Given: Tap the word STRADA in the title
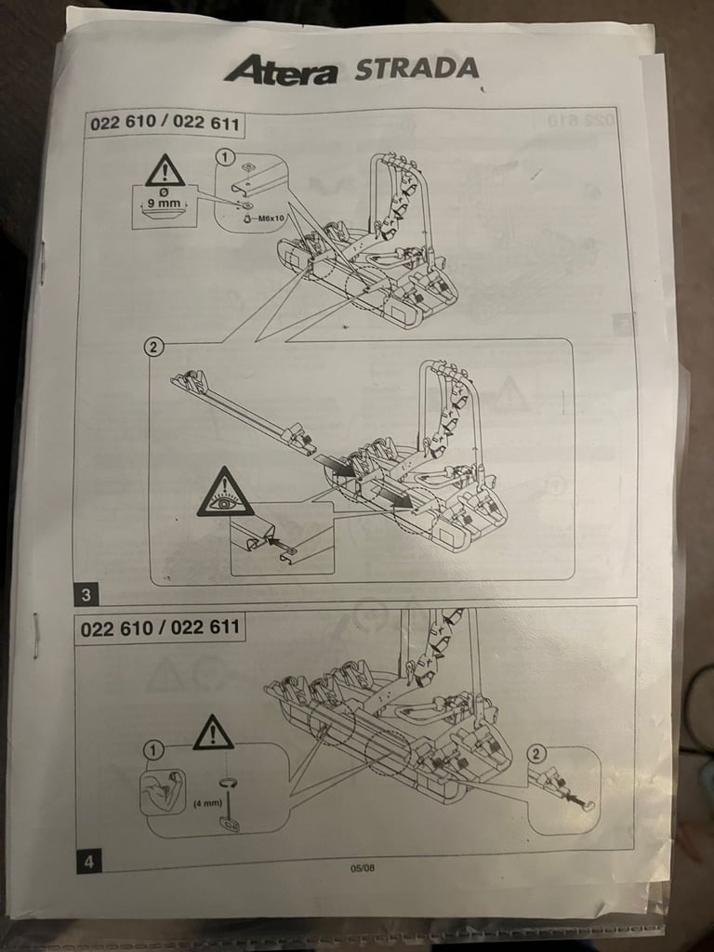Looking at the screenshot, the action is [x=416, y=69].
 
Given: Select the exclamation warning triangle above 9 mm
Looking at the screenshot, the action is [x=165, y=171].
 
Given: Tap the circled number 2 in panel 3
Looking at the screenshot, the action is [x=155, y=348].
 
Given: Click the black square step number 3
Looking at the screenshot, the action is [x=86, y=593].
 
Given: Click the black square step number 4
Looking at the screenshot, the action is [x=88, y=862].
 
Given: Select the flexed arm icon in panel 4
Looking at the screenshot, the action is [x=162, y=792].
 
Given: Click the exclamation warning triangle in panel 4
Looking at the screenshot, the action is [x=213, y=734].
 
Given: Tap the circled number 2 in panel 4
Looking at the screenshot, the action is [x=536, y=753].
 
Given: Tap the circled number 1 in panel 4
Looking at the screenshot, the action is [x=153, y=750].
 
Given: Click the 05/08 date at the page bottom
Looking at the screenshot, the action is [x=361, y=868].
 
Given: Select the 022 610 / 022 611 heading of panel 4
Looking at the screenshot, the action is [x=159, y=628].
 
